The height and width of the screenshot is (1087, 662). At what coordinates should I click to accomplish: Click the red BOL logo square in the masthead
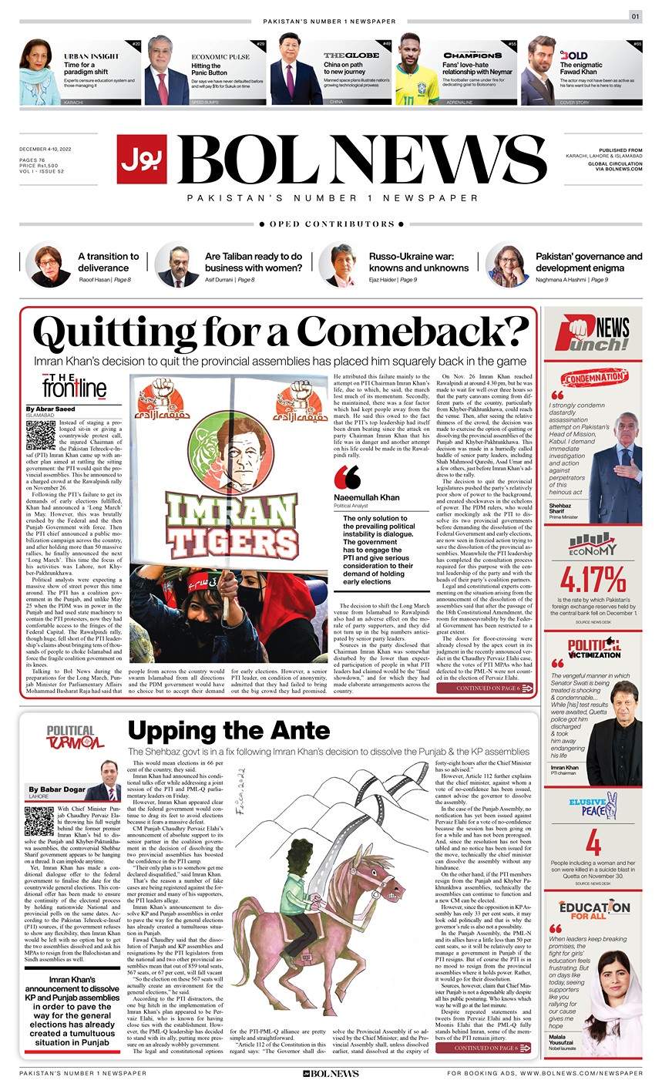(x=143, y=159)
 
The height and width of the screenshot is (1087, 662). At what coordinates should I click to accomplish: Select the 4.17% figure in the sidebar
(x=592, y=578)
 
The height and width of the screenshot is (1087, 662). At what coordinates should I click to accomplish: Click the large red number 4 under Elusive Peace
(x=593, y=842)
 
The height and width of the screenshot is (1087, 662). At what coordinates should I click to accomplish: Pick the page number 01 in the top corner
(x=636, y=16)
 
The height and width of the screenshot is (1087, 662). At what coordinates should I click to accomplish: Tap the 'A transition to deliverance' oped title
(x=109, y=262)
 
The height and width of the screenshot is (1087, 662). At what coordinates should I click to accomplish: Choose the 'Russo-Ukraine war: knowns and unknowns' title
(x=418, y=262)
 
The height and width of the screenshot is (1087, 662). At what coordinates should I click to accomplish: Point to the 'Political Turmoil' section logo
(x=75, y=737)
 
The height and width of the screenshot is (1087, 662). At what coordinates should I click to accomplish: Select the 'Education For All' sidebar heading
(x=594, y=910)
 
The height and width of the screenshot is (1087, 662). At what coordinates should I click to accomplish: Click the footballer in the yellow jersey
(x=419, y=73)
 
